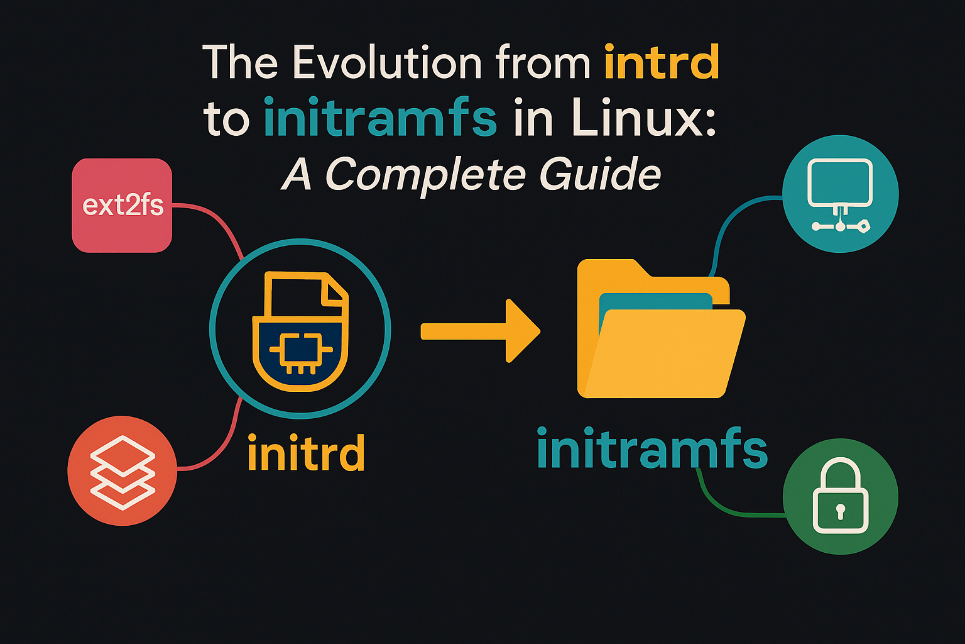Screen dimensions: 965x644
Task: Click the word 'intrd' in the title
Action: tap(662, 63)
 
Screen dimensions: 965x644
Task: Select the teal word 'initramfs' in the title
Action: tap(381, 118)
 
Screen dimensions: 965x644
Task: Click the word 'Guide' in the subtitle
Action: tap(599, 174)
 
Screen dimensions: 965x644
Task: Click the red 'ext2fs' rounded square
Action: tap(122, 206)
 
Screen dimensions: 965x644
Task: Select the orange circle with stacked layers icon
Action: tap(123, 470)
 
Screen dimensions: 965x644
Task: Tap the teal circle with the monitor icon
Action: tap(840, 194)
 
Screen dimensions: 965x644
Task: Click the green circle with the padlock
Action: tap(840, 496)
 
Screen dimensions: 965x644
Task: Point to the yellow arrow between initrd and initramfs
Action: tap(481, 331)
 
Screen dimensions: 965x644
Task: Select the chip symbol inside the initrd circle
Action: tap(300, 350)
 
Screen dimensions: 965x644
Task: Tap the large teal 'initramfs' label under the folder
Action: tap(652, 449)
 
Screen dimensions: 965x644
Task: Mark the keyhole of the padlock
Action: tap(840, 511)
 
